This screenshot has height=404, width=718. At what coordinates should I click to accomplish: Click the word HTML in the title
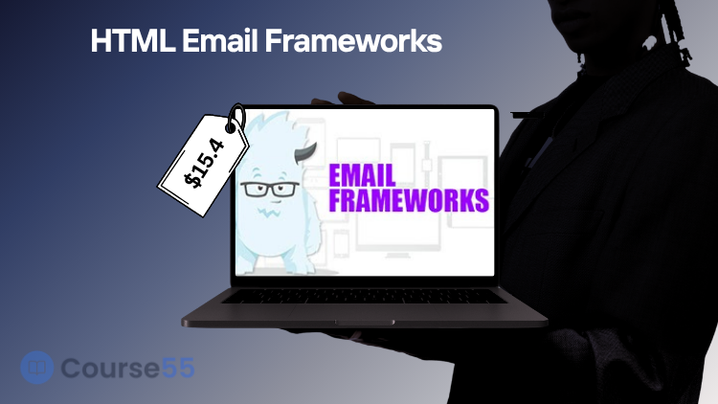pos(133,41)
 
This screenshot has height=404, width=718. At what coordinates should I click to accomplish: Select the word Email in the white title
pos(220,41)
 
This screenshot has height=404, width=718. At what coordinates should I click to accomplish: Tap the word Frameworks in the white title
pos(353,41)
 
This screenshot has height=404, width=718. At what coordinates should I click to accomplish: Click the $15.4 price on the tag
pos(205,163)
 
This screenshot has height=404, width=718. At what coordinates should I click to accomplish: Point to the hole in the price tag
pos(231,127)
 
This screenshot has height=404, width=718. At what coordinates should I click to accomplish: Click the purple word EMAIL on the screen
pos(362,175)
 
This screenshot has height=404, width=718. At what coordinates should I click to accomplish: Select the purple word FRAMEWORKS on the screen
pos(409,200)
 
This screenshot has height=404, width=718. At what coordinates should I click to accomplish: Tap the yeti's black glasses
pos(270,189)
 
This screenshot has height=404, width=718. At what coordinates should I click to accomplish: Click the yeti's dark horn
pos(305,153)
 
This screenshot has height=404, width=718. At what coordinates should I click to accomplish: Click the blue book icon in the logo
pos(37,368)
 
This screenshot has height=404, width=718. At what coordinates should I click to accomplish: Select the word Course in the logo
pos(110,368)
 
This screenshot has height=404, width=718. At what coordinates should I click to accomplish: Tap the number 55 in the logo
pos(178,368)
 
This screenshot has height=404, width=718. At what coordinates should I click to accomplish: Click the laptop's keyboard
pos(364,297)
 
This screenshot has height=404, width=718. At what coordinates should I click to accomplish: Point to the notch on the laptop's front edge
pos(365,323)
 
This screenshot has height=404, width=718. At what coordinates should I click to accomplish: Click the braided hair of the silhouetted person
pos(673,28)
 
